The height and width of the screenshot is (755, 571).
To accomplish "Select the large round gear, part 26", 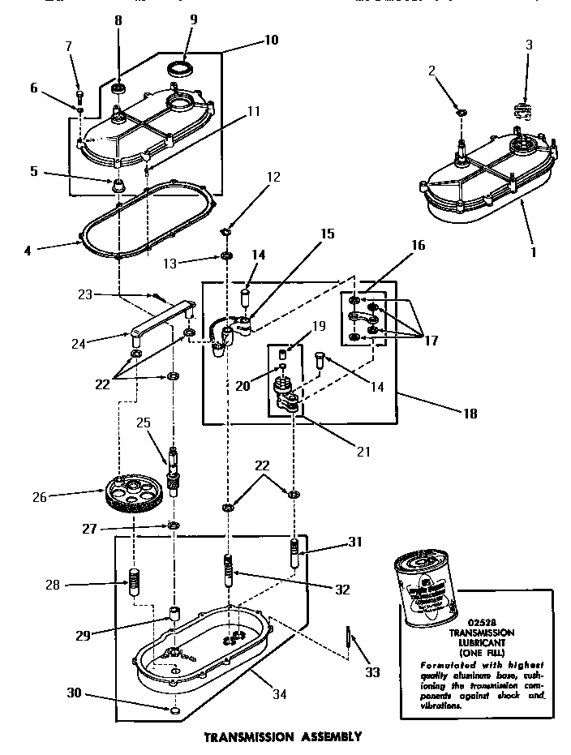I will click(133, 495).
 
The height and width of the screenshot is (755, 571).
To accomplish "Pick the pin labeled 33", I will click(347, 637).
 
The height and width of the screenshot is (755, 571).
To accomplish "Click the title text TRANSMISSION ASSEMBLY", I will click(281, 737).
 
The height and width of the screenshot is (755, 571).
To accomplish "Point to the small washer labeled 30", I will click(174, 712).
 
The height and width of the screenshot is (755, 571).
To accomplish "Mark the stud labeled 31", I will click(294, 555).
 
